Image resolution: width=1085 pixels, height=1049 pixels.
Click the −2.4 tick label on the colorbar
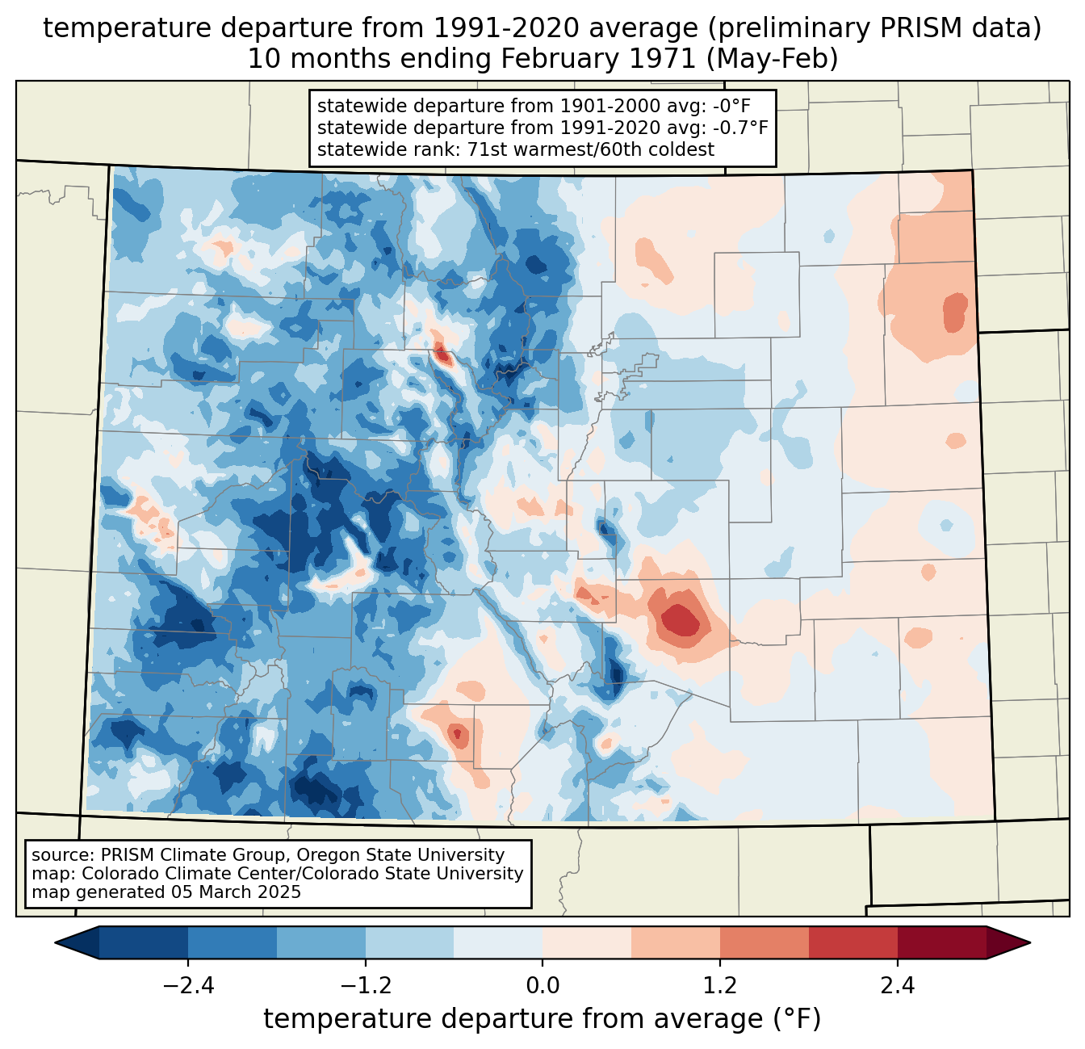187,986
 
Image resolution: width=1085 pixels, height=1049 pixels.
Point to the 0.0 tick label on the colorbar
542,986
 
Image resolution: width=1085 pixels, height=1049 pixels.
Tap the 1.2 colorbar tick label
720,986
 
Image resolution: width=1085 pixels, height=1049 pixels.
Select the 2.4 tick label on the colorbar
898,986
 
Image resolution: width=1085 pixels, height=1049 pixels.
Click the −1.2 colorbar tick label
365,986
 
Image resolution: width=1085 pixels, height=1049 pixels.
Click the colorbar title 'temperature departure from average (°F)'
542,1019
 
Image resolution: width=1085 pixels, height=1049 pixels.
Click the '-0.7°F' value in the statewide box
739,128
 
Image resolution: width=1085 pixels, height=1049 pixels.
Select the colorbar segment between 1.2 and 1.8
765,942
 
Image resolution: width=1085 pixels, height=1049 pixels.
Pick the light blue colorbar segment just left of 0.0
498,942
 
